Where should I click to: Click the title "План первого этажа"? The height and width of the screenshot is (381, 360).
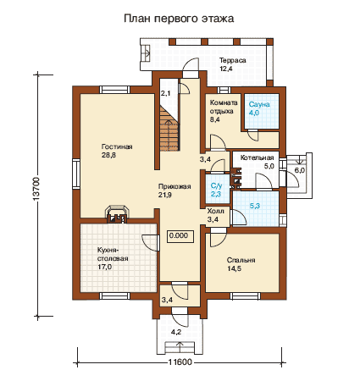point(179,19)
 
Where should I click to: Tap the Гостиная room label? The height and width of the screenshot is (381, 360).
point(117,146)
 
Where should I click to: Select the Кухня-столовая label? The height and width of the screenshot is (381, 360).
point(113,254)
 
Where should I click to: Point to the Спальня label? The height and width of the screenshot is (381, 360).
point(241,260)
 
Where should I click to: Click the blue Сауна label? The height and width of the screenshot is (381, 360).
point(259,104)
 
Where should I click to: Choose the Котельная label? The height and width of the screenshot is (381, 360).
point(257,157)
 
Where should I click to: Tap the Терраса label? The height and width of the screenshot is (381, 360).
point(233,60)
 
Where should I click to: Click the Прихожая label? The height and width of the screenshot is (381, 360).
point(174,186)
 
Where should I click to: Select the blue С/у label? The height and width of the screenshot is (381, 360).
point(216,185)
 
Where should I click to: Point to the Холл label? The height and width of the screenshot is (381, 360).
point(216,211)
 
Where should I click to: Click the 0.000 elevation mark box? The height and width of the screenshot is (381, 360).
point(181,235)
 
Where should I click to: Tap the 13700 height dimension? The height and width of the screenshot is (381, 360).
point(36,189)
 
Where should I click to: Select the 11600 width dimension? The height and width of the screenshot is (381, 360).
point(180,362)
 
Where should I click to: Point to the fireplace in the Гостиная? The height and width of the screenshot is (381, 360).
point(117,214)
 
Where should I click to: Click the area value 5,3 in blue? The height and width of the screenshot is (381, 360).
point(255,206)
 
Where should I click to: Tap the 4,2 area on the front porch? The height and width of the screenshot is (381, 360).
point(176,332)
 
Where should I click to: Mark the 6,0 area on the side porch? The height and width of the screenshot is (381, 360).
point(300,170)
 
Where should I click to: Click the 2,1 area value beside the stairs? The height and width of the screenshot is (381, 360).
point(165,93)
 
